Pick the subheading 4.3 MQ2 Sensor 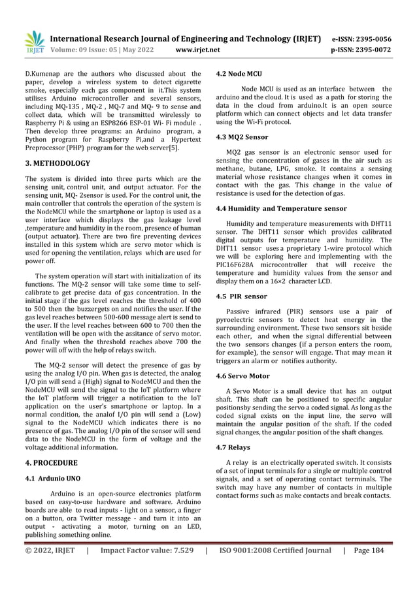241,138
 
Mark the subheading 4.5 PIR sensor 241,296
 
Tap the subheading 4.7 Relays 233,447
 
